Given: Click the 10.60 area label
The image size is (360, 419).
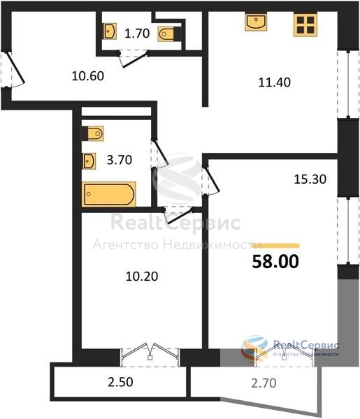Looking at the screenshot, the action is (x=87, y=76).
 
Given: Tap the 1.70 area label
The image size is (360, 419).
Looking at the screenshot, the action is (x=137, y=34).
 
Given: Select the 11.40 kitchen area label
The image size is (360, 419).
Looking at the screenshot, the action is (x=275, y=82).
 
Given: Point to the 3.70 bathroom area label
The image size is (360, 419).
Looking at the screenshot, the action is (x=120, y=160).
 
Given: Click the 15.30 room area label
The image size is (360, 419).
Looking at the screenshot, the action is (x=310, y=179).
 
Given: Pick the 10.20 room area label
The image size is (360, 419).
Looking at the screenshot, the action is (x=142, y=277).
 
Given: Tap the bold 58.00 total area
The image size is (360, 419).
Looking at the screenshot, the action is (x=275, y=261).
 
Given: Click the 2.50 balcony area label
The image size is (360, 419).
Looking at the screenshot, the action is (x=120, y=382).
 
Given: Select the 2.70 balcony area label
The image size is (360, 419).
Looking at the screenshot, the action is (x=264, y=383).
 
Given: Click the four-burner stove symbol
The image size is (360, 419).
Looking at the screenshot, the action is (x=305, y=24).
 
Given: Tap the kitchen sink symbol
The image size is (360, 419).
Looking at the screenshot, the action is (x=256, y=22).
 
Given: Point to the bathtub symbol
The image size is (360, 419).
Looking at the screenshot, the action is (x=109, y=194).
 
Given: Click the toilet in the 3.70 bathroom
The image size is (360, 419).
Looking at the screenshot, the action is (x=92, y=133).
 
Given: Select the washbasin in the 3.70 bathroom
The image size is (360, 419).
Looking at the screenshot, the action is (x=89, y=161).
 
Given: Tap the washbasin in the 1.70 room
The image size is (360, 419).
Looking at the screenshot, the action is (x=110, y=31).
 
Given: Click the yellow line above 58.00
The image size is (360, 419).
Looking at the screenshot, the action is (x=275, y=246).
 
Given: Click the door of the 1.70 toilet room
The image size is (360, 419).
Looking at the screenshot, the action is (x=133, y=58).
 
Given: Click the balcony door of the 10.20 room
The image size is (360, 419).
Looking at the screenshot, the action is (x=150, y=353).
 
